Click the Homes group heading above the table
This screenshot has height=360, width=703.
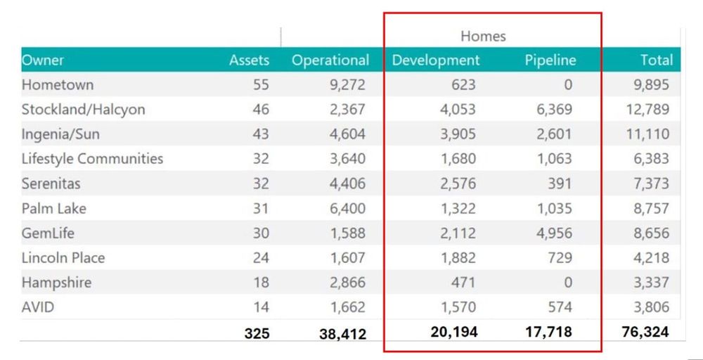[x=483, y=36]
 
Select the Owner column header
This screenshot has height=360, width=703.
[x=44, y=60]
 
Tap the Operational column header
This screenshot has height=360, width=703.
[x=330, y=60]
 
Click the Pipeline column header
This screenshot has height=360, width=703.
[x=550, y=60]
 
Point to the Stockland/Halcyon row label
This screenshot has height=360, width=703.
[x=83, y=110]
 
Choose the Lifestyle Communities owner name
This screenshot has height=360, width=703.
[x=92, y=159]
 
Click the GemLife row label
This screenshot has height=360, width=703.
[x=48, y=233]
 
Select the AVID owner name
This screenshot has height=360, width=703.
[x=38, y=307]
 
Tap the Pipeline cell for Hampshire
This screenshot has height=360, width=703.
[x=567, y=283]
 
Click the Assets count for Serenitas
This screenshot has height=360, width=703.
[x=260, y=184]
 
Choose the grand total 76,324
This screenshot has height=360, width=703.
[x=645, y=332]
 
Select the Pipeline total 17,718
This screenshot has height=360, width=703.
[x=548, y=332]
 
